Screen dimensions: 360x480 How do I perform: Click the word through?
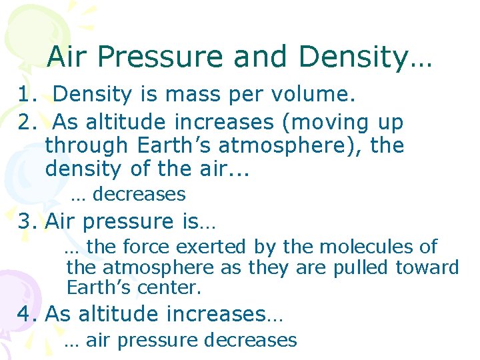click(85, 146)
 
